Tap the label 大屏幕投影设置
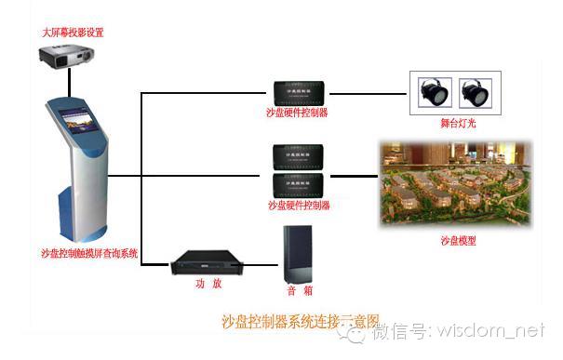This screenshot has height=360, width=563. [x=73, y=33]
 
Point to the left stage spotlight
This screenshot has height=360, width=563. [x=434, y=90]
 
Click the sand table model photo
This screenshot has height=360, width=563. [x=456, y=184]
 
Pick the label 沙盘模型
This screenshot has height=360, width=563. [x=458, y=241]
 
